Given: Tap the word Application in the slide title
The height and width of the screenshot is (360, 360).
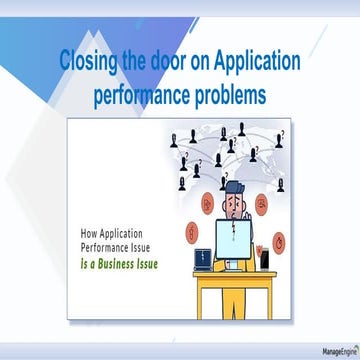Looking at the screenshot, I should [x=245, y=62].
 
